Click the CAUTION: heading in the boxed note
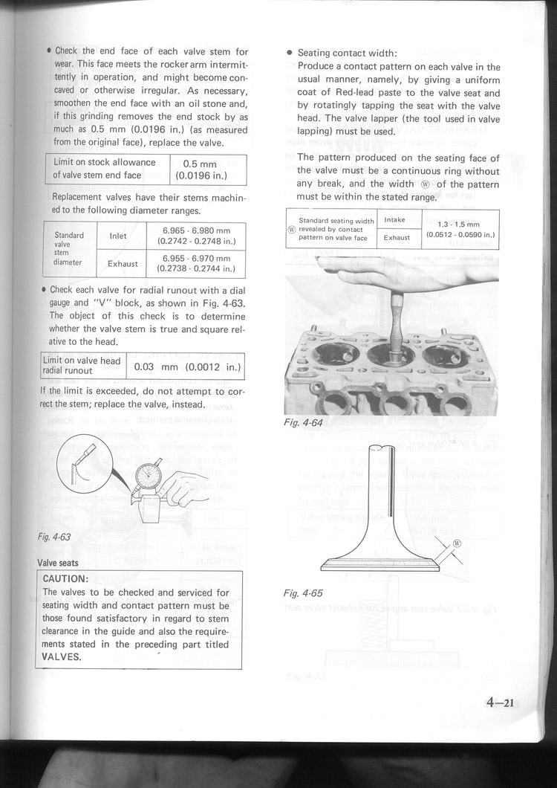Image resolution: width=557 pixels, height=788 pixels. [66, 578]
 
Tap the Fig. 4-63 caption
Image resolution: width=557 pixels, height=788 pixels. [55, 537]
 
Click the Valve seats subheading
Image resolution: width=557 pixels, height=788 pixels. [59, 563]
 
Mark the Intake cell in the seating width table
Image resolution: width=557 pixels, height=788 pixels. [394, 220]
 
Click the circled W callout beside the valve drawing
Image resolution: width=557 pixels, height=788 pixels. [457, 543]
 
